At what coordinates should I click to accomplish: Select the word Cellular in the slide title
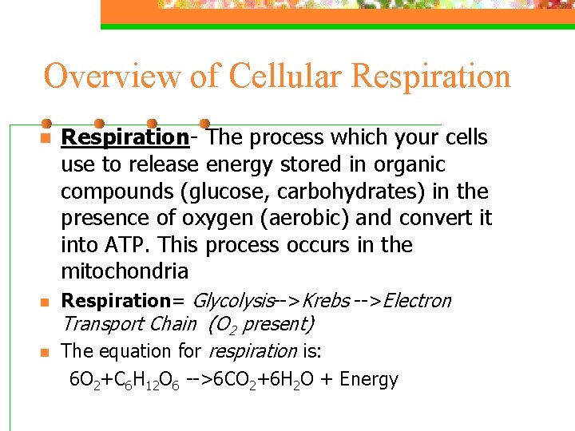[x=285, y=77]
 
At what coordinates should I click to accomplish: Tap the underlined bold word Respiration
[x=125, y=137]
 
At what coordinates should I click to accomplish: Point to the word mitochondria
[x=125, y=271]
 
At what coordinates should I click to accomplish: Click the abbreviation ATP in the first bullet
[x=122, y=244]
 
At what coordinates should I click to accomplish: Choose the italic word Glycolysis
[x=233, y=301]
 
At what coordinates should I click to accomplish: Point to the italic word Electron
[x=417, y=301]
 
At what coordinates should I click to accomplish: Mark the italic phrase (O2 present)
[x=261, y=324]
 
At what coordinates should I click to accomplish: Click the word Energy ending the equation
[x=369, y=379]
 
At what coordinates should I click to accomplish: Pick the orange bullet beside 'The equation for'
[x=46, y=352]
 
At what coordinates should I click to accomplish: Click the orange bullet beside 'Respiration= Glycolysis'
[x=46, y=302]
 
